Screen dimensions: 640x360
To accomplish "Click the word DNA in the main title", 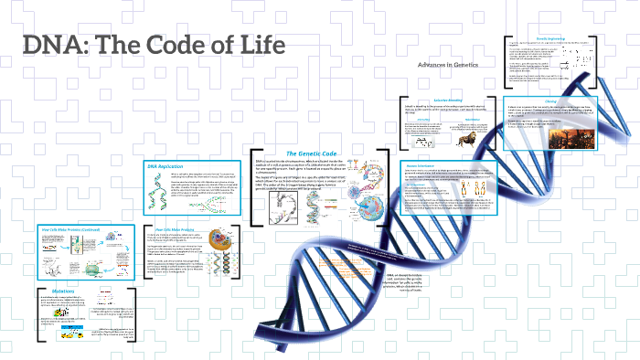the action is (57, 46).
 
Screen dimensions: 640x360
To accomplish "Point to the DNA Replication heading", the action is (165, 166).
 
